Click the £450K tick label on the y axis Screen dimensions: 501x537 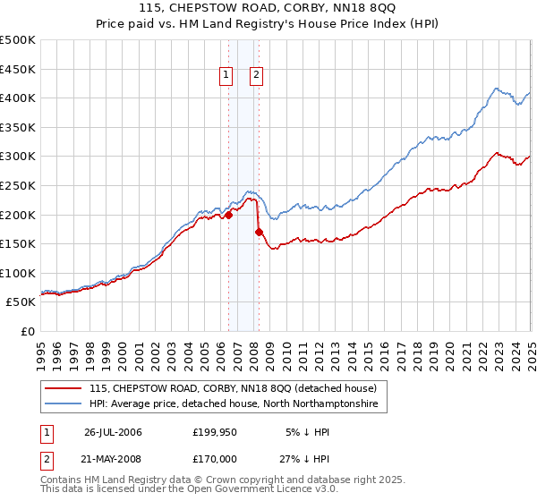coord(19,69)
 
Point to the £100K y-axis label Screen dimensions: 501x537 coord(19,273)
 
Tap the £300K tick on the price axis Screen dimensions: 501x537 coord(19,157)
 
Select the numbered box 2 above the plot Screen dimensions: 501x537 coord(256,76)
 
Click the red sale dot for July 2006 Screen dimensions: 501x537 coord(229,215)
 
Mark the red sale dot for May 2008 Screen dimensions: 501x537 coord(259,232)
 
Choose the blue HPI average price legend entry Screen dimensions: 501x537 coord(233,404)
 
